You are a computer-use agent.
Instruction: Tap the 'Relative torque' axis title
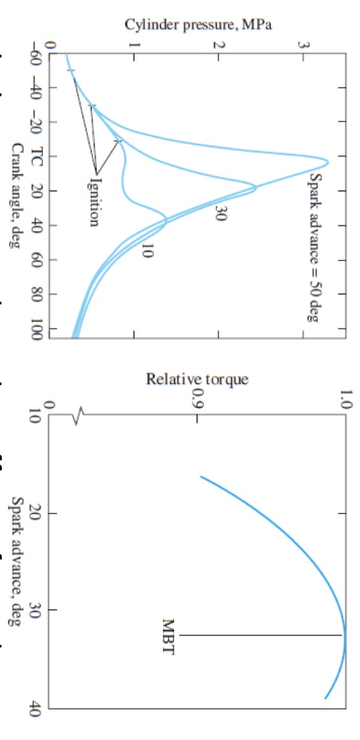(198, 379)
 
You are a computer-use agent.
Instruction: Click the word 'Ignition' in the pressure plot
(94, 202)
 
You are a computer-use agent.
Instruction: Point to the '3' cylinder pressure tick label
(304, 43)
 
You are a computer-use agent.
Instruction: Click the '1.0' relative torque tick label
(343, 398)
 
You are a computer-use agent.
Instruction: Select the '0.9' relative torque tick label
(198, 398)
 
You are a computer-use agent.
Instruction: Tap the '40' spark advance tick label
(36, 709)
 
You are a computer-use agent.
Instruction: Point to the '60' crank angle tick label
(36, 260)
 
